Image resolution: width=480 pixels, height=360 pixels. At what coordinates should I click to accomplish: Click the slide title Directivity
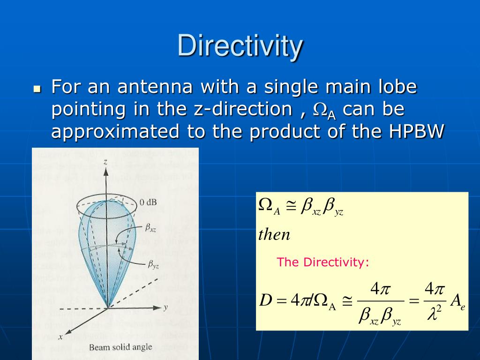coord(240,46)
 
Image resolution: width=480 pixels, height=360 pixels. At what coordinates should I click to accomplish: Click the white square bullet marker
coord(37,88)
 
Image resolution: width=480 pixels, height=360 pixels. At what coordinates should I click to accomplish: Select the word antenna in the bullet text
coord(155,87)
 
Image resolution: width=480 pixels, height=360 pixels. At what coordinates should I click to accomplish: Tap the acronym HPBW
coord(416,132)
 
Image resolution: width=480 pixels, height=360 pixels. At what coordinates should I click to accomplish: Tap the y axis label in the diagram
coord(165,307)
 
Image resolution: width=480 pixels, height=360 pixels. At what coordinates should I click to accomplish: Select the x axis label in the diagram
coord(60,337)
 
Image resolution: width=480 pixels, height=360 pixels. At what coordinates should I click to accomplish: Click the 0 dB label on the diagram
coord(149,202)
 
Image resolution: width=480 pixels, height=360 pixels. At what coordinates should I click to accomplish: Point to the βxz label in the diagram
coord(151,228)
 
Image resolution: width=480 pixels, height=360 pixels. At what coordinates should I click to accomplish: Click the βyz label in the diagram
coord(153,265)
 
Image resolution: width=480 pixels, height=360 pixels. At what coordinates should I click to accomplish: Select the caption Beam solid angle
coord(120,347)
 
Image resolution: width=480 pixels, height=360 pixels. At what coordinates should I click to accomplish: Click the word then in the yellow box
coord(274,234)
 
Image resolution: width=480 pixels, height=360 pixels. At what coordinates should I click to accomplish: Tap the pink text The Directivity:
coord(323,262)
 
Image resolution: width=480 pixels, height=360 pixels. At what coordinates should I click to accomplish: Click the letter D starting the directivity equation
coord(266,300)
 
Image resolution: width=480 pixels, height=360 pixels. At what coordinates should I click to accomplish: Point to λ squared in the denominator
coord(435,313)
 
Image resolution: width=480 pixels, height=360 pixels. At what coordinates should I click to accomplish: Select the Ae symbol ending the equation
coord(457,302)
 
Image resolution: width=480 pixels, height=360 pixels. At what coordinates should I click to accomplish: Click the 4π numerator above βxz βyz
coord(380,289)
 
